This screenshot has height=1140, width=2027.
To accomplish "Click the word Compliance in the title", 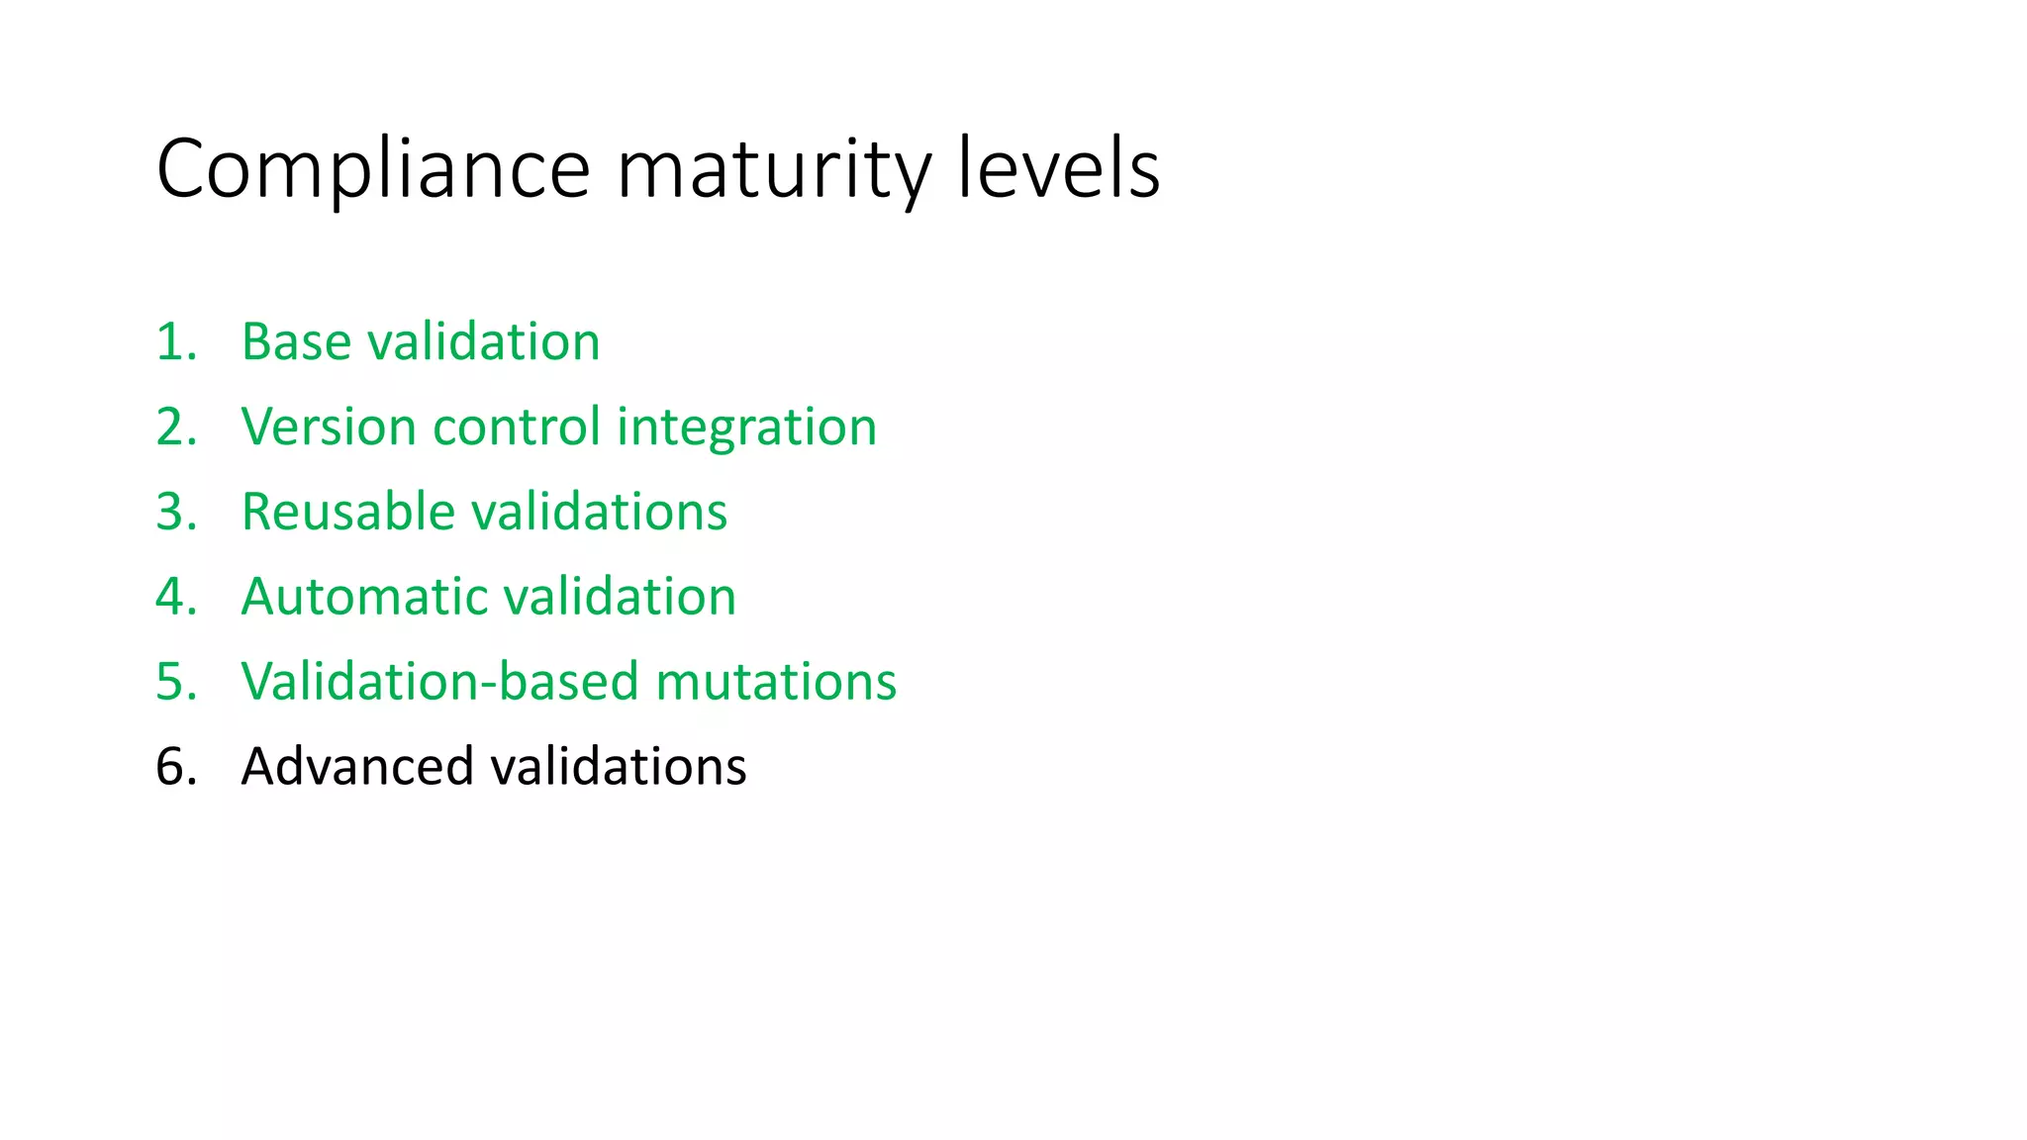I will point(373,170).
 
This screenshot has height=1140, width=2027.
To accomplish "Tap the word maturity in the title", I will point(774,170).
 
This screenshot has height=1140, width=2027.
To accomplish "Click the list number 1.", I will point(176,342).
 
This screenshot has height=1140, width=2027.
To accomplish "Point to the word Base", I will point(296,342).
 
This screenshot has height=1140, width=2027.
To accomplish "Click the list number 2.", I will point(176,427).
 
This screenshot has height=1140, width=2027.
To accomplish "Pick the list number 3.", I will point(176,513).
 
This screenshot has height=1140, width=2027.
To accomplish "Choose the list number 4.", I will point(176,598).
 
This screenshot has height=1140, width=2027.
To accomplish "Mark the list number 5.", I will point(176,683).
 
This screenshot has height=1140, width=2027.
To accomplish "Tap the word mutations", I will point(775,683).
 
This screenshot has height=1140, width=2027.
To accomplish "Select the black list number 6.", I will point(176,768).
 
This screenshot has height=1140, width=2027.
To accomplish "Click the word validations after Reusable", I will point(599,513).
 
